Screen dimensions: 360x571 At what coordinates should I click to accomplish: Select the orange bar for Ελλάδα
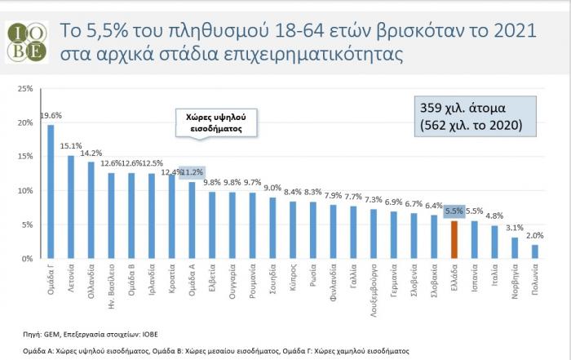click(x=454, y=239)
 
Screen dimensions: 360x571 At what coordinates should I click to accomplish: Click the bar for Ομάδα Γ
click(x=51, y=192)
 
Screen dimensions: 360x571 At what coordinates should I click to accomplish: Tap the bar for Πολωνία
click(x=534, y=251)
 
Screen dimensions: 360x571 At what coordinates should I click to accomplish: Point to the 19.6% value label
click(x=51, y=116)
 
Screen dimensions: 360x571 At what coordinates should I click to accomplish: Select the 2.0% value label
click(x=535, y=237)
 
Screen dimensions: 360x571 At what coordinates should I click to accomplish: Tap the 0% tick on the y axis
click(x=27, y=259)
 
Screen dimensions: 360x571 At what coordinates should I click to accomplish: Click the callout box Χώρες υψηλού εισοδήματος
click(x=211, y=122)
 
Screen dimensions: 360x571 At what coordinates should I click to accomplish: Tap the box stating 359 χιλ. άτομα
click(x=472, y=117)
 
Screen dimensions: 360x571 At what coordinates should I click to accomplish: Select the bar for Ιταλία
click(x=494, y=242)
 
